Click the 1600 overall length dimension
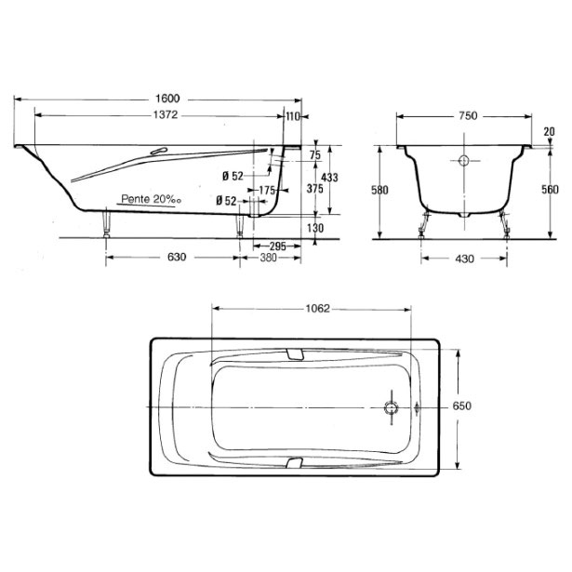click(167, 99)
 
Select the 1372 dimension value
click(166, 115)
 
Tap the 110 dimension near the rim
click(293, 116)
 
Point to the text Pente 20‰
click(152, 199)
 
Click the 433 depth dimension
click(329, 178)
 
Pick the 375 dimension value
click(314, 189)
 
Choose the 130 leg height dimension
click(315, 228)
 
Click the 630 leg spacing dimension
click(177, 258)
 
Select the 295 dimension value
click(277, 246)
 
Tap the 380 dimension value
click(268, 258)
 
